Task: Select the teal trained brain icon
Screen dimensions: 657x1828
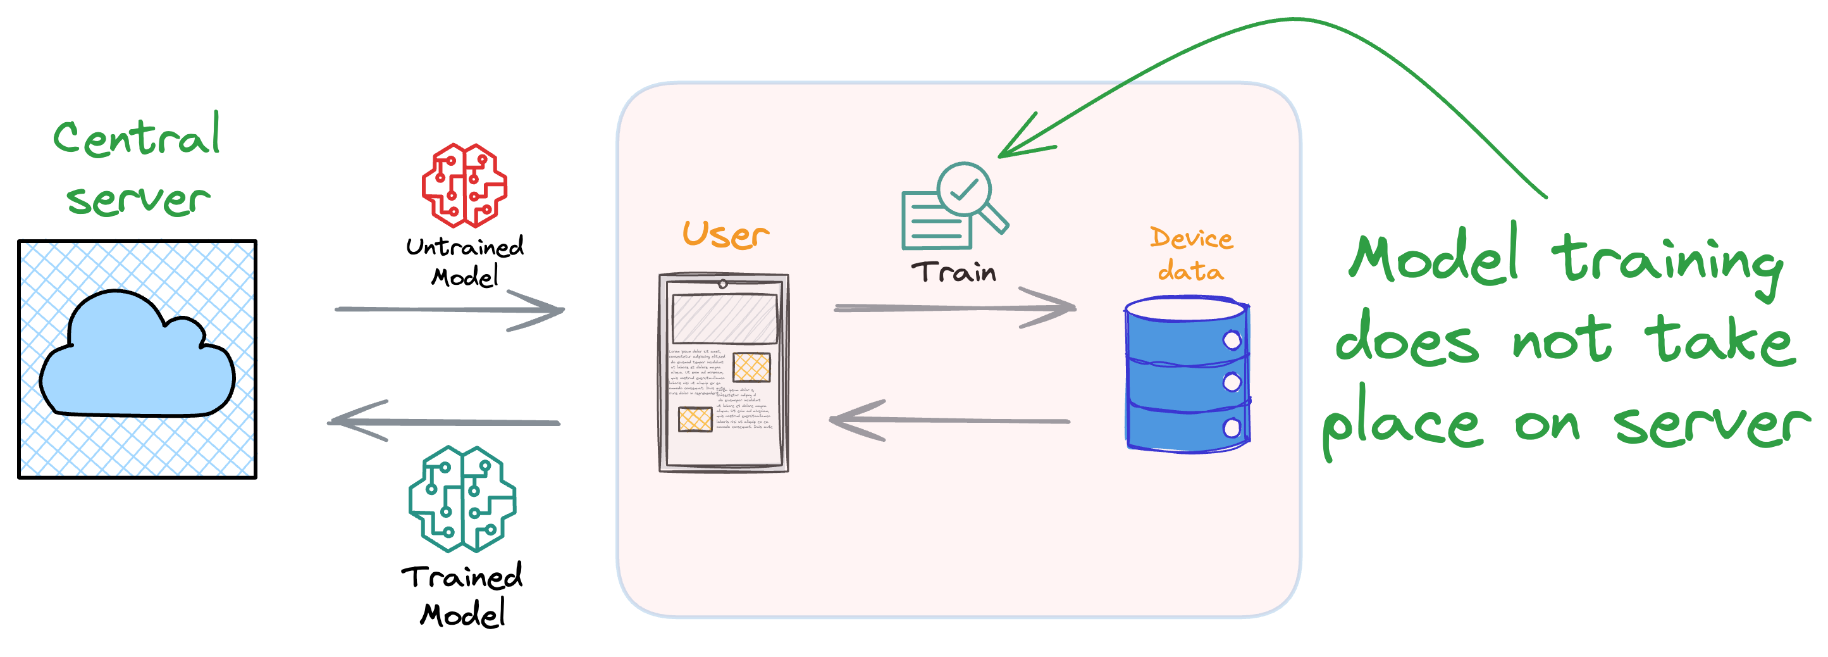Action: pyautogui.click(x=462, y=499)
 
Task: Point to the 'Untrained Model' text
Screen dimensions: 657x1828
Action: pyautogui.click(x=465, y=261)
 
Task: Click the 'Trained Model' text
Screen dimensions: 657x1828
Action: pyautogui.click(x=462, y=595)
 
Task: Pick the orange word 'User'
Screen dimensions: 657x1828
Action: pyautogui.click(x=724, y=234)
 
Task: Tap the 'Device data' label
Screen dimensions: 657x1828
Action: pyautogui.click(x=1191, y=254)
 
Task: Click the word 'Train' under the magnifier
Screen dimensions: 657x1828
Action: pyautogui.click(x=954, y=272)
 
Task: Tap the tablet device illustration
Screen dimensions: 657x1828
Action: pyautogui.click(x=723, y=373)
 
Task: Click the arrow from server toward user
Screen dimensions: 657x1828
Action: pyautogui.click(x=450, y=310)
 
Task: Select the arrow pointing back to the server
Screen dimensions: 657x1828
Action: pyautogui.click(x=444, y=422)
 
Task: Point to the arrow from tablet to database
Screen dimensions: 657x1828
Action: pyautogui.click(x=954, y=308)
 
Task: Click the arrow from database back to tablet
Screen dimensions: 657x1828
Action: pyautogui.click(x=949, y=420)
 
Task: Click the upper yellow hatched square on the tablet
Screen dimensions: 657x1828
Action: pyautogui.click(x=751, y=367)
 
